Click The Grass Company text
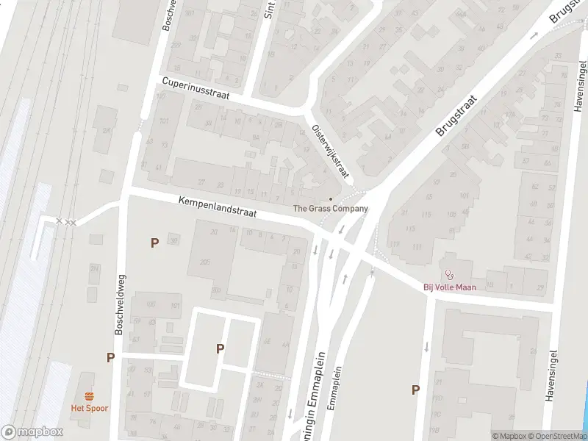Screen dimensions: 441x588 pos(330,209)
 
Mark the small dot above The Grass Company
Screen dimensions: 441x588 pos(331,198)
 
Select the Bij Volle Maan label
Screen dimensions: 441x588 pos(447,287)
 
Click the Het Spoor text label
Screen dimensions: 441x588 pos(87,409)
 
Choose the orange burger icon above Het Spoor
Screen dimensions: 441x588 pos(87,397)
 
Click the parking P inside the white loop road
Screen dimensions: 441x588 pos(220,349)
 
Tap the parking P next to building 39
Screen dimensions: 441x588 pos(154,243)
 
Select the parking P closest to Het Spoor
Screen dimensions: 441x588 pos(110,358)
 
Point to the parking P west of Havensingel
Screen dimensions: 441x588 pos(415,390)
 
